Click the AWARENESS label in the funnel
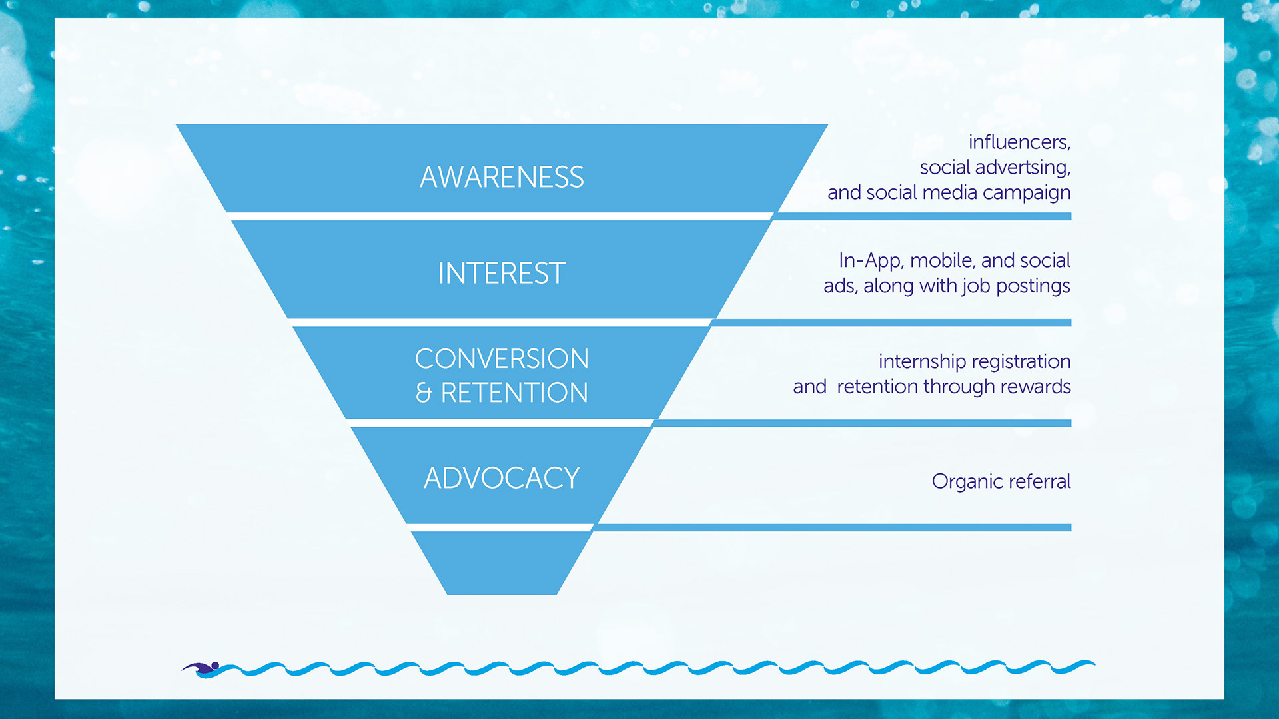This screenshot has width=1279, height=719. click(502, 177)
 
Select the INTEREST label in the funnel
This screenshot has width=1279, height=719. click(502, 273)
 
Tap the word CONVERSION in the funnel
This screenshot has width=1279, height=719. click(502, 359)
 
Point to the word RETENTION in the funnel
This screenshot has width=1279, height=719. click(514, 393)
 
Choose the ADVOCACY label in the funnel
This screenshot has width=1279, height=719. click(502, 478)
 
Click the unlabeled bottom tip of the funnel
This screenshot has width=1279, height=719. click(502, 563)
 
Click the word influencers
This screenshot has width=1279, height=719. click(1019, 142)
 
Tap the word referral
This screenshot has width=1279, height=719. click(1040, 481)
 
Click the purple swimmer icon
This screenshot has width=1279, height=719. click(201, 668)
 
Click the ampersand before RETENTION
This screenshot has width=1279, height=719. click(424, 393)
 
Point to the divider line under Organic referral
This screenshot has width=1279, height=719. click(833, 527)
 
